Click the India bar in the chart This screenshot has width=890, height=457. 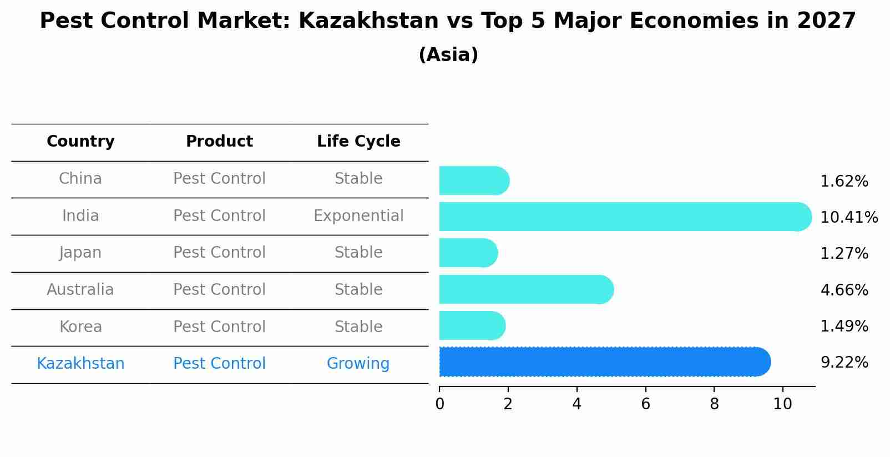coord(621,217)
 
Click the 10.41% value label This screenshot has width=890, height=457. coord(848,218)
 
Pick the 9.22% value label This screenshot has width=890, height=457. coord(844,363)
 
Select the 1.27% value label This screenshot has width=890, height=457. coord(844,254)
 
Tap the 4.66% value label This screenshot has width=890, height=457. coord(844,290)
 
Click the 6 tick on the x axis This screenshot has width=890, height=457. coord(645,404)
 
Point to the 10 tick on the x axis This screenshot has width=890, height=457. coord(782,404)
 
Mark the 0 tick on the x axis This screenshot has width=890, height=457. coord(439,404)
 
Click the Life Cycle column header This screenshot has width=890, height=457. coord(358,142)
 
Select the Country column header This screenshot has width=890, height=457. coord(80,142)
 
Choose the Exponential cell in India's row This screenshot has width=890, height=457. coord(358,216)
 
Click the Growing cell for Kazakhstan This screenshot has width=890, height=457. coord(358,364)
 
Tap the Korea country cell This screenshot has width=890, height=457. coord(80,327)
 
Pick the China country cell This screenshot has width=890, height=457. coord(80,179)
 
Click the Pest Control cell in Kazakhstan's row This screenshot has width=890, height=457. coord(219,364)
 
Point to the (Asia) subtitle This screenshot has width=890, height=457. coord(448,55)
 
